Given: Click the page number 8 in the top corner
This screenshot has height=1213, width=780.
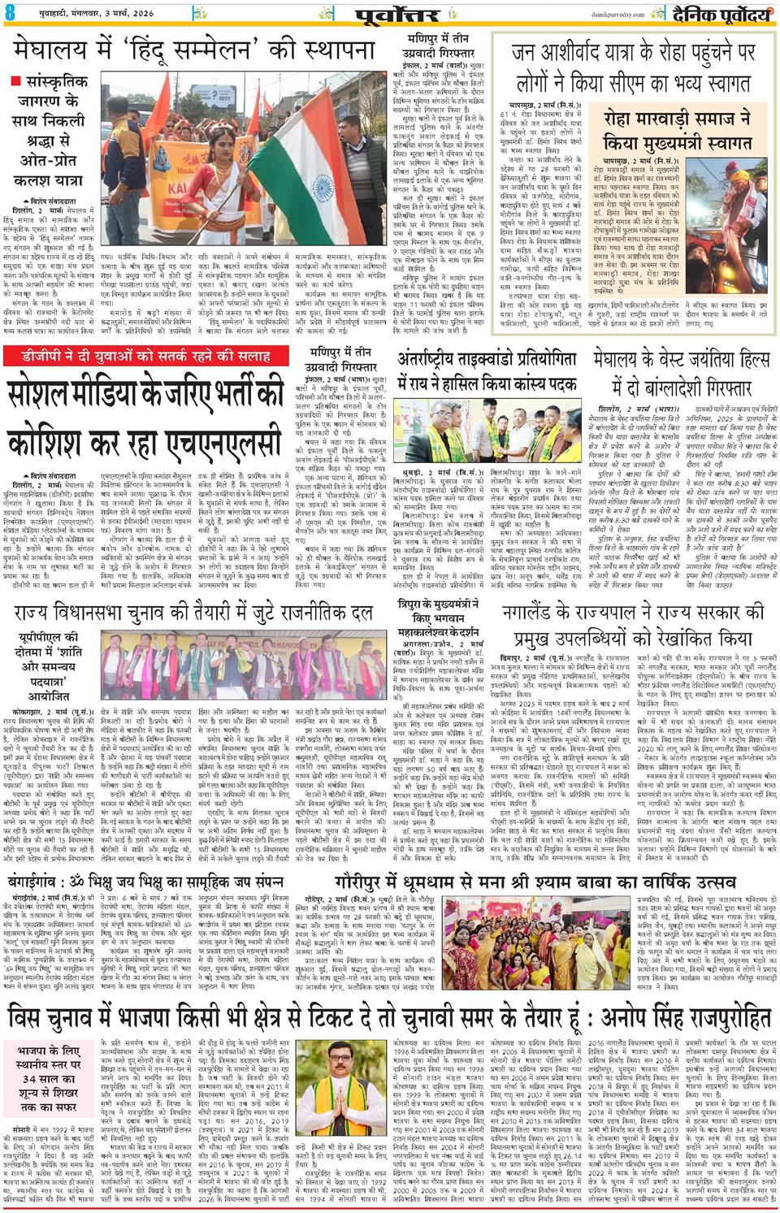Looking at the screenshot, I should pos(11,14).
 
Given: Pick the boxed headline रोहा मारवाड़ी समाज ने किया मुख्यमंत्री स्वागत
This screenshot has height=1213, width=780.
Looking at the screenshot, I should pos(677,130).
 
